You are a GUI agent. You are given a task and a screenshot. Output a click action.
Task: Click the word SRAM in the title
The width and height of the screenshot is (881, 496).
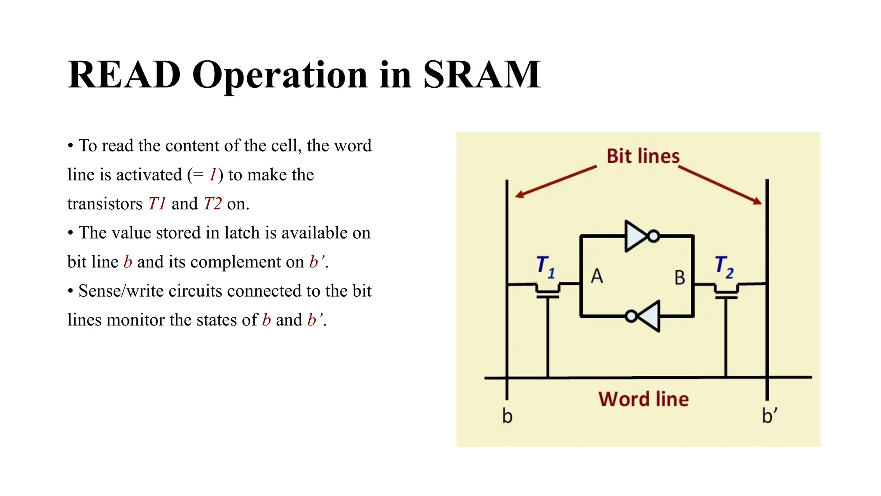tap(481, 75)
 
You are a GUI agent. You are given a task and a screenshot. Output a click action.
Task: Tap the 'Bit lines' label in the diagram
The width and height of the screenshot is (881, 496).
tap(643, 156)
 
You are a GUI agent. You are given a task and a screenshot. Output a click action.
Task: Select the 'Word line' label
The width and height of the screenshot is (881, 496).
tap(643, 399)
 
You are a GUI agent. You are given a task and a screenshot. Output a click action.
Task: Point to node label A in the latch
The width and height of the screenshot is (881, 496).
tap(596, 276)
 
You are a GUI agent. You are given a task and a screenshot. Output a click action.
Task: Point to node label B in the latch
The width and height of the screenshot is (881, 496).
tap(679, 278)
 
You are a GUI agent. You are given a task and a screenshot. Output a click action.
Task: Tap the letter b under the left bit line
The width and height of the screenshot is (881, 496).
tap(507, 416)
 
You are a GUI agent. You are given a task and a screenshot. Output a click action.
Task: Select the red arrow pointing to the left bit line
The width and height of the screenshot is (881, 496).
tap(555, 182)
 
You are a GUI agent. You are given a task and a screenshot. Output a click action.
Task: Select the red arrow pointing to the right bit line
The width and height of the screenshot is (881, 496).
tap(721, 186)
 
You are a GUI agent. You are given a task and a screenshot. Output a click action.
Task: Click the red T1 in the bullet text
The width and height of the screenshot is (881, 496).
tap(157, 204)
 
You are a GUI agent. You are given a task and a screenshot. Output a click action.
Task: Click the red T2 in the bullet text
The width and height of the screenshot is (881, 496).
tap(213, 204)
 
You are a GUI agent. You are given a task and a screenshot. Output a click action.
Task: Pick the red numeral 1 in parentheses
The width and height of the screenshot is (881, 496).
tap(213, 175)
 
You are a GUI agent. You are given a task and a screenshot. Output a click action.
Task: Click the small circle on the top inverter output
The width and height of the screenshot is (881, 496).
tap(653, 236)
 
